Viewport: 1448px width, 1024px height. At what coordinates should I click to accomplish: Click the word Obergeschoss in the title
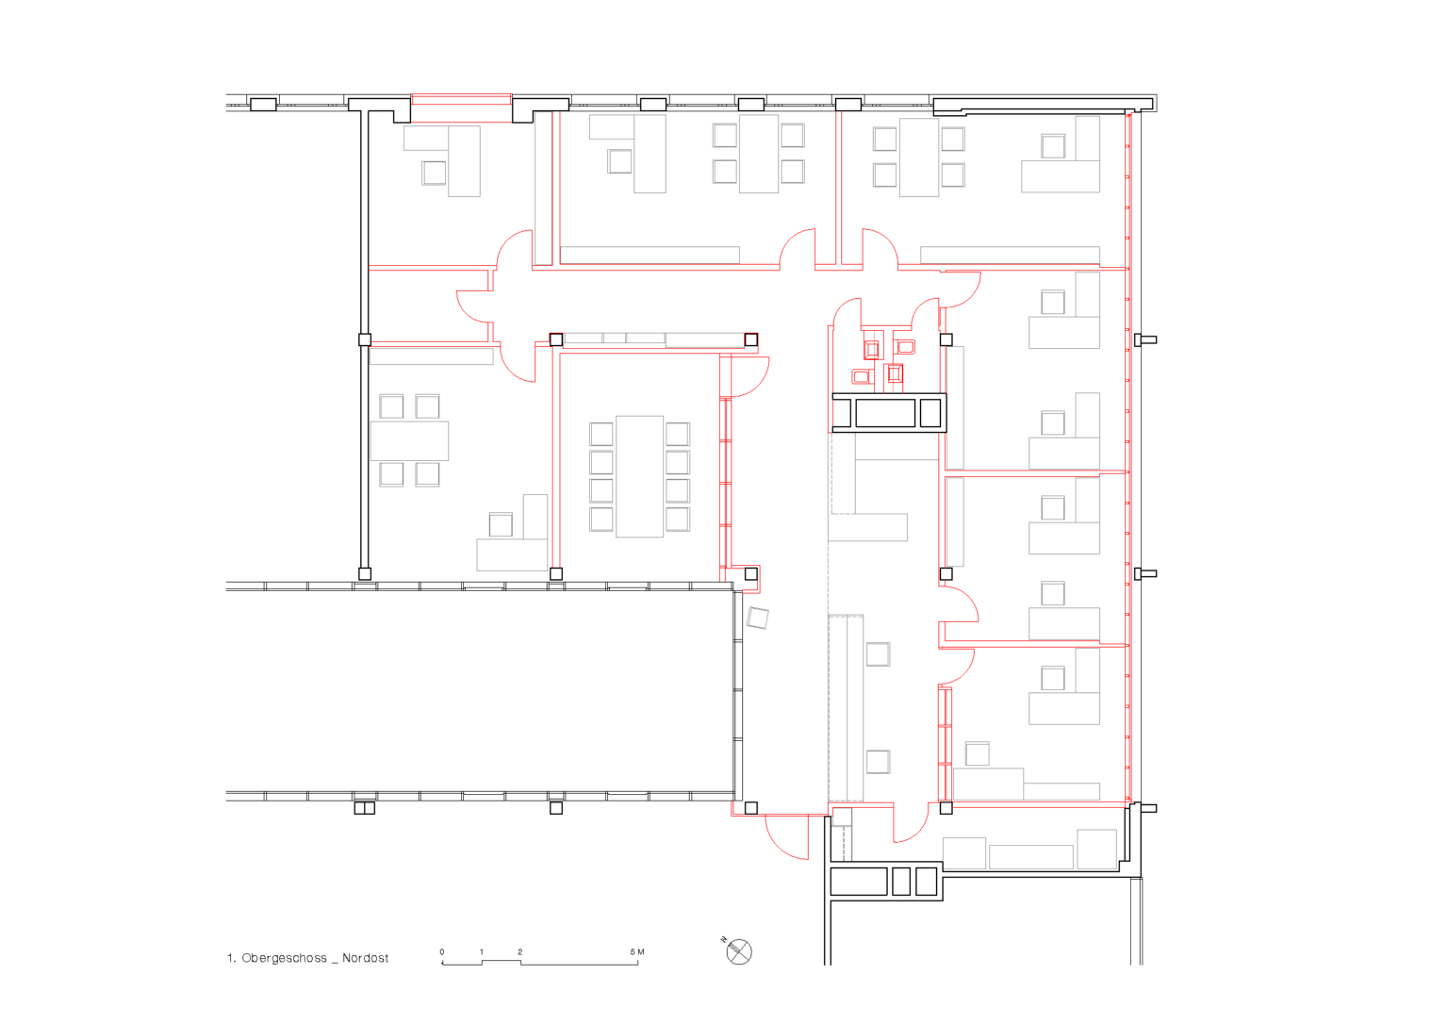coord(284,959)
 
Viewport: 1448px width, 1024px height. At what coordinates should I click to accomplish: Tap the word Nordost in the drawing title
coord(365,958)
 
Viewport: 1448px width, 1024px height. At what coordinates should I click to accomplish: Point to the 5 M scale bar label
coord(637,951)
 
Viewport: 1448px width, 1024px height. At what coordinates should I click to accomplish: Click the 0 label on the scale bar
coord(442,951)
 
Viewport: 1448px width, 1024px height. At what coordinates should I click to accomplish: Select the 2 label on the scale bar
coord(519,951)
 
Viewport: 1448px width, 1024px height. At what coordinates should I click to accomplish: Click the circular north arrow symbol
coord(739,952)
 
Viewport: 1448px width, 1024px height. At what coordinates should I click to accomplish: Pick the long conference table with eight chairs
coord(639,476)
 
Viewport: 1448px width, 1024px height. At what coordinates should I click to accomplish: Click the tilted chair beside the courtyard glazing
coord(758,618)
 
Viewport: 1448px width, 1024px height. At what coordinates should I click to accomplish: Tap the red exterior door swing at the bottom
coord(787,837)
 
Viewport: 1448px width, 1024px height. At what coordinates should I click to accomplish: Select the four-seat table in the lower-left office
coord(409,441)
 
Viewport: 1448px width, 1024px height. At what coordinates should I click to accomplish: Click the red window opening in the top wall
coord(462,107)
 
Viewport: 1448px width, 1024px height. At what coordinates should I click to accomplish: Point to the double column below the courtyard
coord(365,807)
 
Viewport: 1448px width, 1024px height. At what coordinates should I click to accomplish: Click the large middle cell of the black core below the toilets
coord(885,412)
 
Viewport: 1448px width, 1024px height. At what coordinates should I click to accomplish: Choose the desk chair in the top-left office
coord(434,173)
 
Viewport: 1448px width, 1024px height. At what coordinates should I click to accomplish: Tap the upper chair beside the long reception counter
coord(878,654)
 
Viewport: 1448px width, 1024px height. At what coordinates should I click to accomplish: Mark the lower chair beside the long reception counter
coord(878,762)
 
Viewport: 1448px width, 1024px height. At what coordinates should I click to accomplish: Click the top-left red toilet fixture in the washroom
coord(871,350)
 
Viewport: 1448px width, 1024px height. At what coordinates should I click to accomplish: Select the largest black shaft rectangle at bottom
coord(859,882)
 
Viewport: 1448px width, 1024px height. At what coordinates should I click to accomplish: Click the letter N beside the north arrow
coord(724,939)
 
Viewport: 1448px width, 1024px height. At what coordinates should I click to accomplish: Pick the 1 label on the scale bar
coord(482,951)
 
